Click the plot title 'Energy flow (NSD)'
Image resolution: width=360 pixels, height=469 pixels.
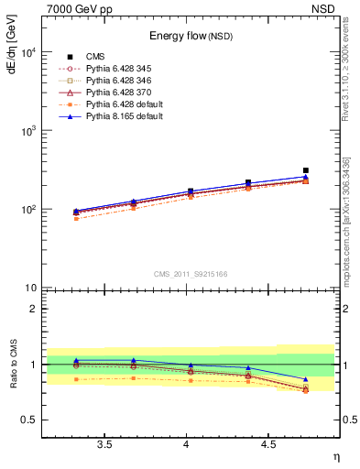pyautogui.click(x=191, y=37)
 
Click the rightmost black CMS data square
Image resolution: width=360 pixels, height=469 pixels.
pyautogui.click(x=306, y=170)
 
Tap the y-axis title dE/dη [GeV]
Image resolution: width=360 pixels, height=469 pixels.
pyautogui.click(x=12, y=47)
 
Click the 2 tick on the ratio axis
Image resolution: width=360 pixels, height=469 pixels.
pyautogui.click(x=33, y=309)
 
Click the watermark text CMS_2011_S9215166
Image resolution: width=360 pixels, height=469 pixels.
pyautogui.click(x=191, y=273)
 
